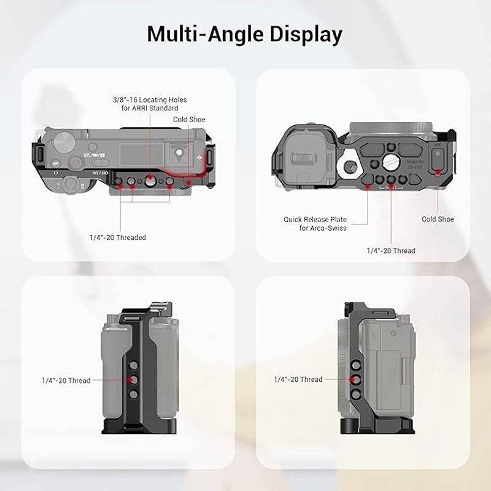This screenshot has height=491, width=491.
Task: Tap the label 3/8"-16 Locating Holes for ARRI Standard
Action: [x=150, y=104]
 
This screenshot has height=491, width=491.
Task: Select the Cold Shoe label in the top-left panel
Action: [x=189, y=119]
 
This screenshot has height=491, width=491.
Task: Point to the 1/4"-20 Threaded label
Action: [x=118, y=238]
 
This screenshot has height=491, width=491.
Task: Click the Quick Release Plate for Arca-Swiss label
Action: [x=315, y=223]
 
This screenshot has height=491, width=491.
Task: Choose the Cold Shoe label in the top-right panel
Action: [x=438, y=219]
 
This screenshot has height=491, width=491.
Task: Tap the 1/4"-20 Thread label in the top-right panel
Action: [x=391, y=250]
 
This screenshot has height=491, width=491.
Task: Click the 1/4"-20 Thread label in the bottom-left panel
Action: [x=66, y=381]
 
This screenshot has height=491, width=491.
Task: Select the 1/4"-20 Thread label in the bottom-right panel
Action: [x=298, y=379]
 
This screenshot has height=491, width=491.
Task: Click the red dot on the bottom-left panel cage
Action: [x=130, y=380]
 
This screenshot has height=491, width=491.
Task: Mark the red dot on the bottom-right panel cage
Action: [x=352, y=379]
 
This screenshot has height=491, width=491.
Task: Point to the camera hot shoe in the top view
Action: [x=179, y=153]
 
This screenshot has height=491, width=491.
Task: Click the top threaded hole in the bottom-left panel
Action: [x=134, y=365]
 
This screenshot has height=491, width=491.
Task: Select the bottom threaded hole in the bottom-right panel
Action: [x=357, y=393]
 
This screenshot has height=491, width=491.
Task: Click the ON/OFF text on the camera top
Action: [x=100, y=173]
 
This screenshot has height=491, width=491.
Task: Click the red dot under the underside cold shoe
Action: [x=438, y=172]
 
